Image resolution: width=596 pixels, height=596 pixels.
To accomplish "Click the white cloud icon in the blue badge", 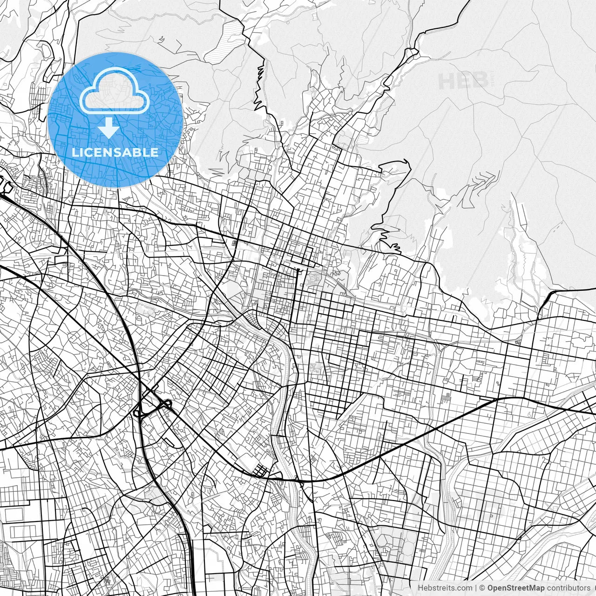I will click(115, 91).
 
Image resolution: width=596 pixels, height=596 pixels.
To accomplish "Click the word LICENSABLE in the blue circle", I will click(115, 152).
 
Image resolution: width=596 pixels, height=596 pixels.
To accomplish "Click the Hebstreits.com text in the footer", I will click(445, 588).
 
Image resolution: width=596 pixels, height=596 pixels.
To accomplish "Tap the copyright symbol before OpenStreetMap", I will click(483, 588).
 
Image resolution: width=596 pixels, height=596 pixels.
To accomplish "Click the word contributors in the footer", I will click(569, 588).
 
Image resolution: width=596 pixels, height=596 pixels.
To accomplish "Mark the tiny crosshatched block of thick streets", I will click(259, 472).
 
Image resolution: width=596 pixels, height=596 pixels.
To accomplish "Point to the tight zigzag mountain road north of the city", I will click(259, 88).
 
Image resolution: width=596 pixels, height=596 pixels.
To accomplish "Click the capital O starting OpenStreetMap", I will click(490, 588).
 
